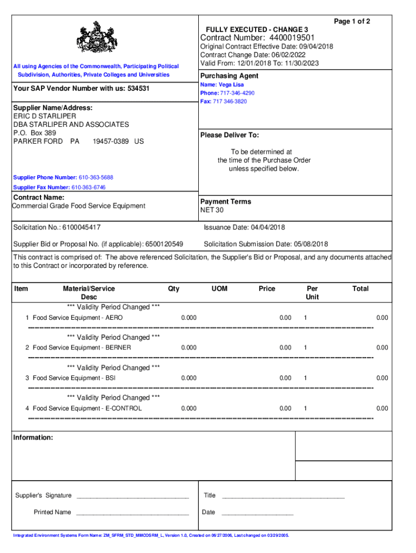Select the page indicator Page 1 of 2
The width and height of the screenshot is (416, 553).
[352, 22]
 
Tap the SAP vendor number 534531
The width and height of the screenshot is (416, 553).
[138, 88]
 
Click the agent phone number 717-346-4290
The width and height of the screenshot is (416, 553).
[237, 93]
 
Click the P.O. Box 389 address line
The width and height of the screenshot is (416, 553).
[35, 133]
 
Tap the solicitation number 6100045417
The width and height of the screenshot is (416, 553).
[81, 227]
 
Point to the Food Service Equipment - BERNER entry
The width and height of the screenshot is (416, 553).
[82, 348]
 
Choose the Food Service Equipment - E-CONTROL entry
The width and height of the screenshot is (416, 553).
[87, 408]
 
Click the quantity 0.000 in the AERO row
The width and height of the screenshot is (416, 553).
[189, 318]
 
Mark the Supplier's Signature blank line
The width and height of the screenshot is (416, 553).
[132, 496]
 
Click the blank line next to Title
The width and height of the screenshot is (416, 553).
[283, 496]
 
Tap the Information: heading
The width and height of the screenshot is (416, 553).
[33, 437]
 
